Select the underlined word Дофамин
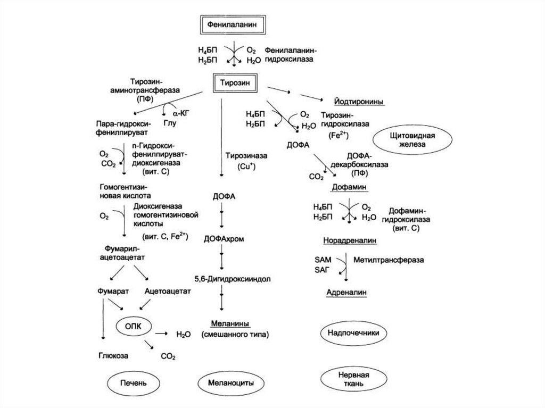coord(351,188)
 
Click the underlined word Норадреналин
coord(350,240)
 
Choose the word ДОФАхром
coord(223,239)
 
